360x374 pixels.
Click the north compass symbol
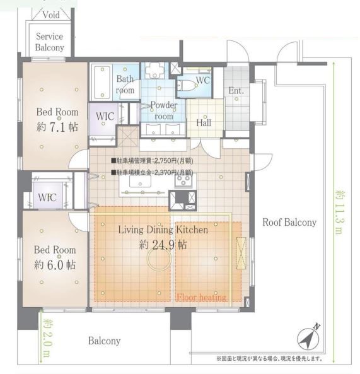pyautogui.click(x=308, y=339)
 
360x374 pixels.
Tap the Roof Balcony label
pyautogui.click(x=289, y=222)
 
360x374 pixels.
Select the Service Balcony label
pyautogui.click(x=50, y=42)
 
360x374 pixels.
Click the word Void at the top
pyautogui.click(x=51, y=15)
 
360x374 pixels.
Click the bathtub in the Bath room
pyautogui.click(x=102, y=82)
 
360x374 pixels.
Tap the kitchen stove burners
pyautogui.click(x=183, y=181)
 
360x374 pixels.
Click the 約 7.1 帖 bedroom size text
pyautogui.click(x=57, y=127)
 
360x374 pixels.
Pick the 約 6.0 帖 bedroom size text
pyautogui.click(x=55, y=265)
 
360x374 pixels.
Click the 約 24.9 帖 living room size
pyautogui.click(x=163, y=245)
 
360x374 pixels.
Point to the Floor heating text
pyautogui.click(x=201, y=298)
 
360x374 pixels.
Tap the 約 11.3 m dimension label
pyautogui.click(x=340, y=212)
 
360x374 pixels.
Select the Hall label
pyautogui.click(x=204, y=123)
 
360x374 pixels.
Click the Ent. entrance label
pyautogui.click(x=236, y=91)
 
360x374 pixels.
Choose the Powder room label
pyautogui.click(x=164, y=110)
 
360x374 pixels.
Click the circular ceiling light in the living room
pyautogui.click(x=159, y=259)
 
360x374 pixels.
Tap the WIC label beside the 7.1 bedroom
pyautogui.click(x=105, y=117)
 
